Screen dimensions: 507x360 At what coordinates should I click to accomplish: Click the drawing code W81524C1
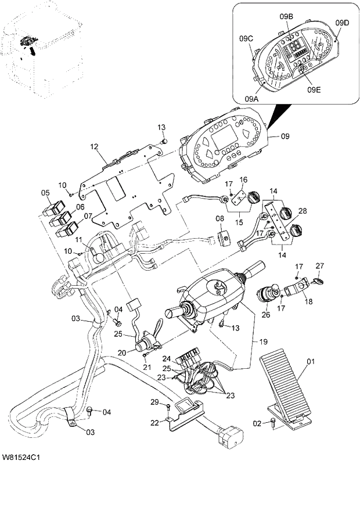pyautogui.click(x=20, y=459)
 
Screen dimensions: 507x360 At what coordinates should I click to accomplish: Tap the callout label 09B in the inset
pyautogui.click(x=286, y=17)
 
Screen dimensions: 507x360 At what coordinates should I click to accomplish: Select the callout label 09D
pyautogui.click(x=343, y=23)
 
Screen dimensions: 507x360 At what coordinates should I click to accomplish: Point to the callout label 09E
pyautogui.click(x=314, y=89)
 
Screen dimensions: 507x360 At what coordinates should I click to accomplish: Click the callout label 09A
pyautogui.click(x=251, y=99)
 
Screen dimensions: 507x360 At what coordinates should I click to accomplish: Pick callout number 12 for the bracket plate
pyautogui.click(x=95, y=148)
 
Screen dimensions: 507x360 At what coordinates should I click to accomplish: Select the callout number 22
pyautogui.click(x=154, y=422)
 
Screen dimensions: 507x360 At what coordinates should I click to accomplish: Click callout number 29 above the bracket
pyautogui.click(x=154, y=402)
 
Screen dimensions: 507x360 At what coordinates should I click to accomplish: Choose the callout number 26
pyautogui.click(x=267, y=316)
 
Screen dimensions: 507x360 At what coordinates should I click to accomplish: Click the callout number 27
pyautogui.click(x=318, y=265)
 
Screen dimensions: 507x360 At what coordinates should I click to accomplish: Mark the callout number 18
pyautogui.click(x=308, y=302)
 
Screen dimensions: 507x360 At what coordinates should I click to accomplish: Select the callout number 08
pyautogui.click(x=220, y=219)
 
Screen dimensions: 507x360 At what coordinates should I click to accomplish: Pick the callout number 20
pyautogui.click(x=122, y=353)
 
